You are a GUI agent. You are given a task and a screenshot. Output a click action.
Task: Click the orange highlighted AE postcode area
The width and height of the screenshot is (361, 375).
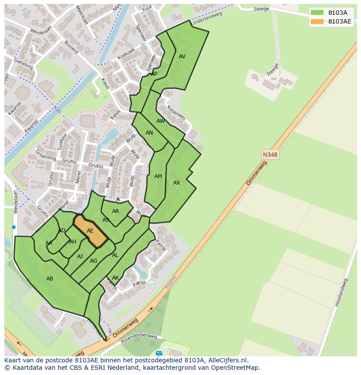90,231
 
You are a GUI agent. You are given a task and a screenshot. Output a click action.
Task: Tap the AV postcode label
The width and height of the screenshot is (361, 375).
182,57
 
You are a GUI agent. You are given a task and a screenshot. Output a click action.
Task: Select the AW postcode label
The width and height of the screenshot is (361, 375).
161,121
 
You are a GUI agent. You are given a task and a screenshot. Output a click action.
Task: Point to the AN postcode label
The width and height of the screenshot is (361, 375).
149,133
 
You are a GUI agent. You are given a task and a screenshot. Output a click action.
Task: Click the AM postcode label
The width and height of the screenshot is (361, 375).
158,176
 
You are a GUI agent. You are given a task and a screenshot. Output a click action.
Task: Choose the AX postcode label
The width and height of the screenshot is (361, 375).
177,183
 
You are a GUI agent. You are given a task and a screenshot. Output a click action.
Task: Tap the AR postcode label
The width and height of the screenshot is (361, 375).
116,211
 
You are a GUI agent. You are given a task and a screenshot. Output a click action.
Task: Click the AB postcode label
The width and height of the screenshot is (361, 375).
50,278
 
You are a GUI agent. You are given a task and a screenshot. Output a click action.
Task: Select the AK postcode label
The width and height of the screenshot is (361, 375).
116,278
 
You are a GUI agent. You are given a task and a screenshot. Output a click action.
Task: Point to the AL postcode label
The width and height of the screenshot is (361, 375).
115,255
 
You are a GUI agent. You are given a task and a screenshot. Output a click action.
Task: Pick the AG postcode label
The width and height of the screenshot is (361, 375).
93,261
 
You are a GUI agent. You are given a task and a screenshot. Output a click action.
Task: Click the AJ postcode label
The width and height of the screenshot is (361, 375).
80,257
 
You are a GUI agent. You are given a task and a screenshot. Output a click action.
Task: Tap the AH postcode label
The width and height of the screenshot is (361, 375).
72,242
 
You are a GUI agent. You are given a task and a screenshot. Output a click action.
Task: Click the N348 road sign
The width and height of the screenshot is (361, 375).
270,155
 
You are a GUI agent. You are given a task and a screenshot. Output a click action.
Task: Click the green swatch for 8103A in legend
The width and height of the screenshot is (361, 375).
317,13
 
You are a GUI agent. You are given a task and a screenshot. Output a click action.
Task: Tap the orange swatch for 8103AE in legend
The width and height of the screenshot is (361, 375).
317,21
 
